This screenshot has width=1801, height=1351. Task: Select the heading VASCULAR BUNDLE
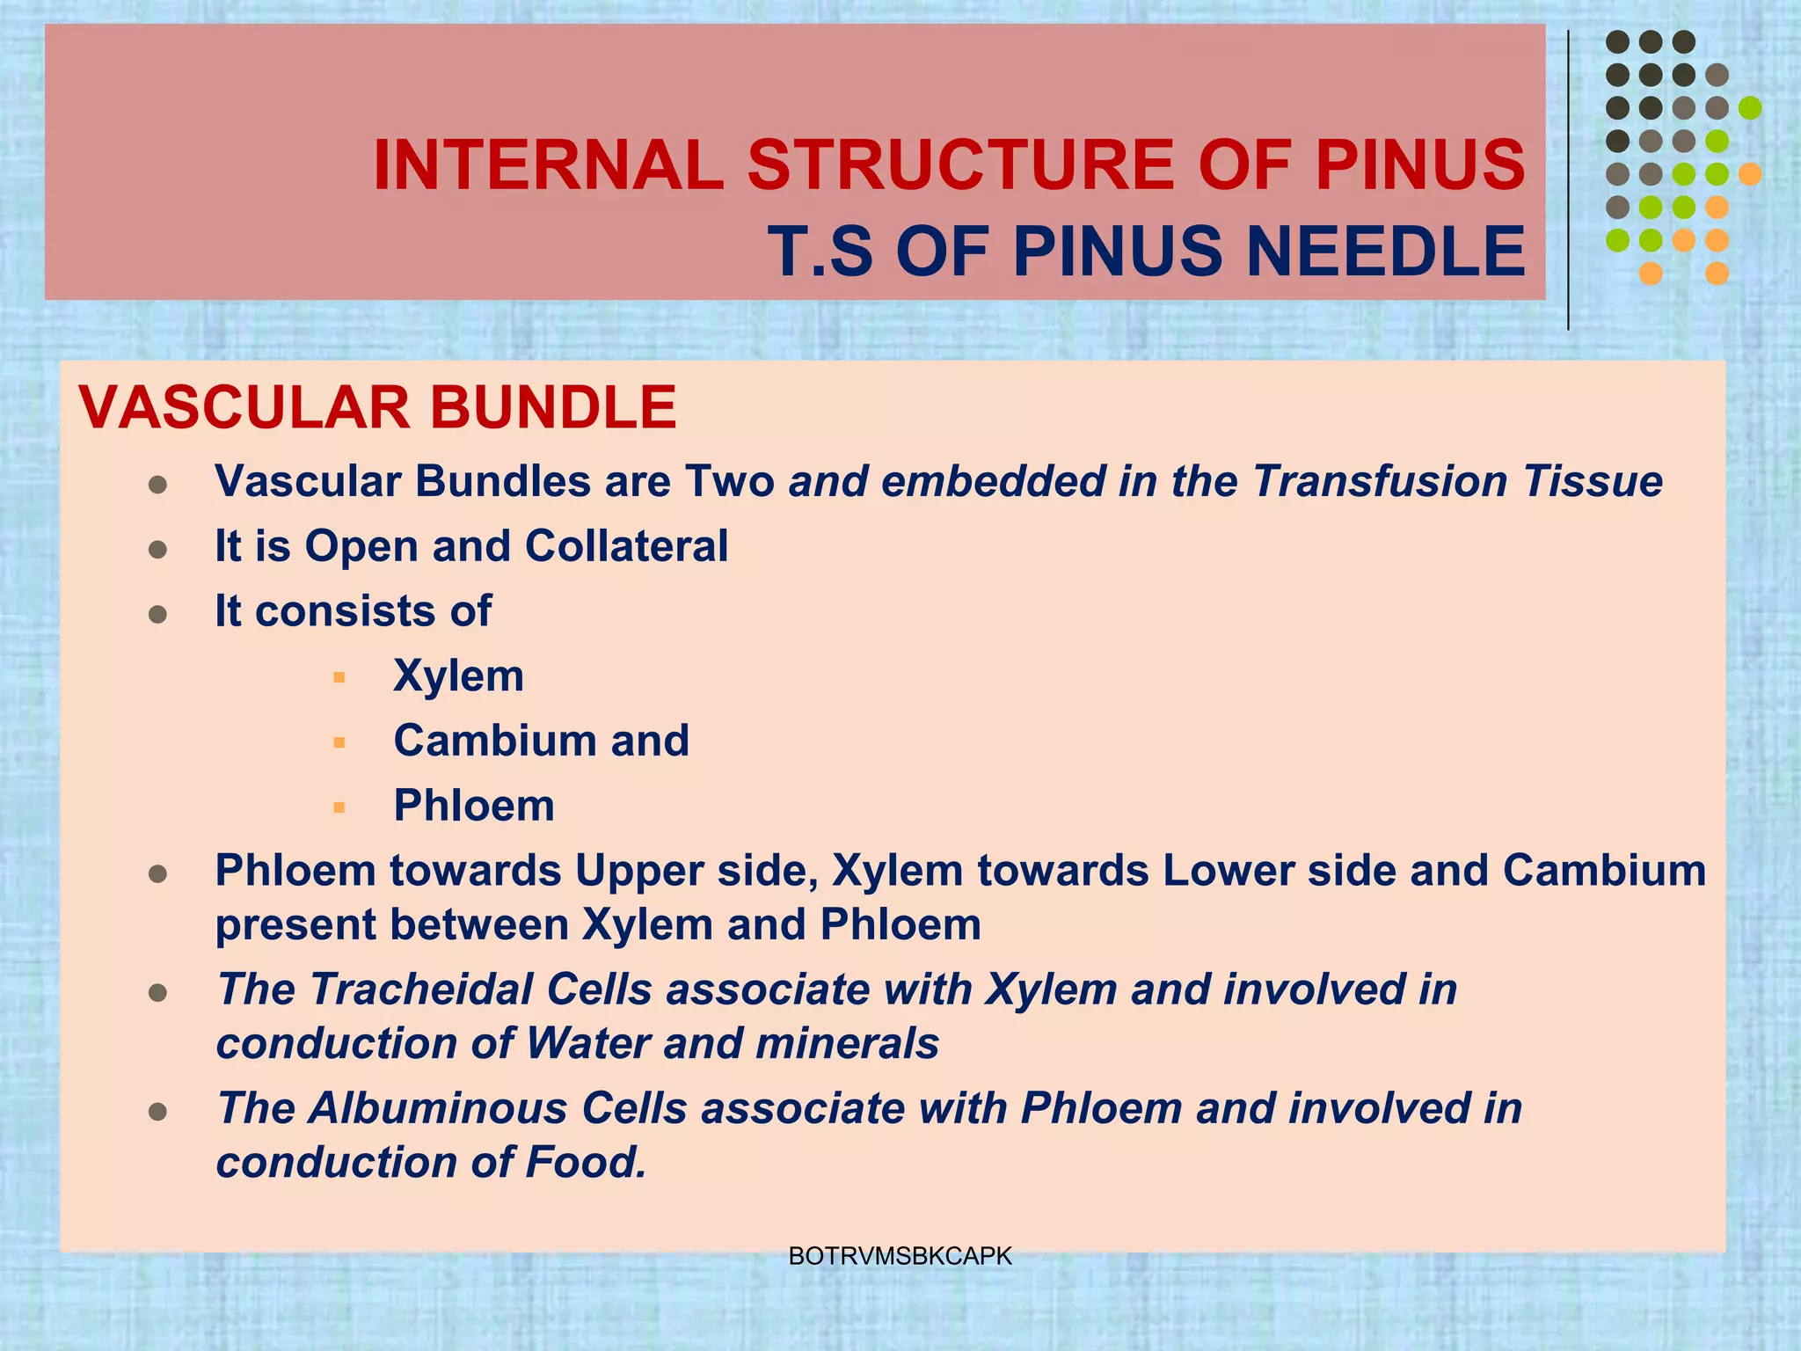tap(377, 407)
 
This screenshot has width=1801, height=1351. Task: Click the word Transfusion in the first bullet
tap(1381, 481)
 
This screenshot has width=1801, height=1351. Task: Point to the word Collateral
tap(626, 546)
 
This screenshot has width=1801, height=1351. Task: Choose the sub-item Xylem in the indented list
tap(458, 676)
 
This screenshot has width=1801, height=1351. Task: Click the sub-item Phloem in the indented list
tap(474, 806)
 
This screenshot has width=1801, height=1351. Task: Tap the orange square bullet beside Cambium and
tap(339, 742)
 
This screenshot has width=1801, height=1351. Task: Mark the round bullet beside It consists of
tap(158, 614)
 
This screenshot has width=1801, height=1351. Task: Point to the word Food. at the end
tap(586, 1162)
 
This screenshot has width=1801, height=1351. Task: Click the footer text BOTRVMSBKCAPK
tap(900, 1256)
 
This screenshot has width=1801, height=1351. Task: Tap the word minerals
tap(847, 1044)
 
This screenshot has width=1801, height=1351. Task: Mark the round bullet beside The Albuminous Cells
tap(158, 1112)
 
